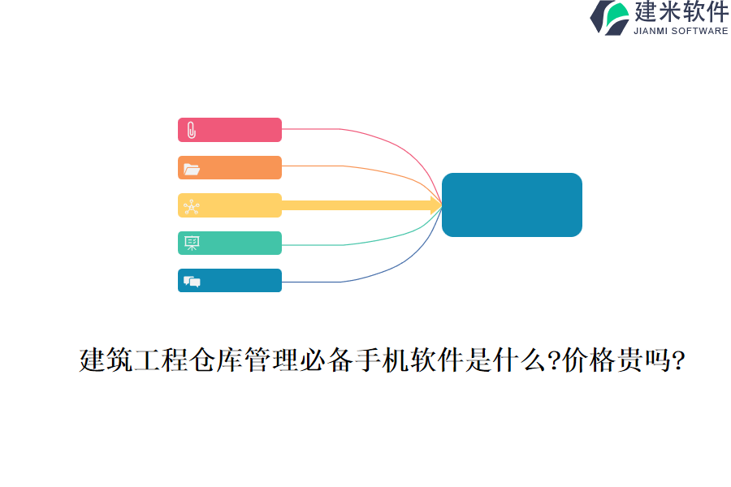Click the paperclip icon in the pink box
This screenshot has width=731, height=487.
click(x=191, y=130)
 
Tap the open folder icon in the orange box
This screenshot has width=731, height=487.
click(x=191, y=169)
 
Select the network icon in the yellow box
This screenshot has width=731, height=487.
click(x=191, y=207)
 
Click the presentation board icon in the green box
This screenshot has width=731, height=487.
click(x=191, y=243)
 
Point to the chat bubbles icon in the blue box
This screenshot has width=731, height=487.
click(x=192, y=282)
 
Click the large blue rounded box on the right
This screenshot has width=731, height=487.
click(x=512, y=205)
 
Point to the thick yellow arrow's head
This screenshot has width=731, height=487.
click(x=436, y=205)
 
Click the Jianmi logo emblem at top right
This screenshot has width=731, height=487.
click(x=609, y=17)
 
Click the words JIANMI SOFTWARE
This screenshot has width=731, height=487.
click(x=681, y=32)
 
